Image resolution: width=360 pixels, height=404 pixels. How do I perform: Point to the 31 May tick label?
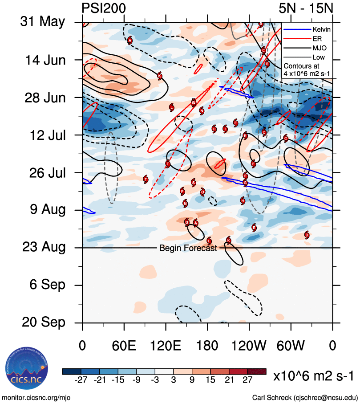(x=42, y=22)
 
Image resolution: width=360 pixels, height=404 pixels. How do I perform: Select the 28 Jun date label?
(x=42, y=97)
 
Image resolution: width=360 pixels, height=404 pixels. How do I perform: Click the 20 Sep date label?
(x=42, y=322)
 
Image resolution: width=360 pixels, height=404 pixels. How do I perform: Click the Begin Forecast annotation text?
(x=188, y=248)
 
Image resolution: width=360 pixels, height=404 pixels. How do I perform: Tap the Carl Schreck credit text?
(x=305, y=397)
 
